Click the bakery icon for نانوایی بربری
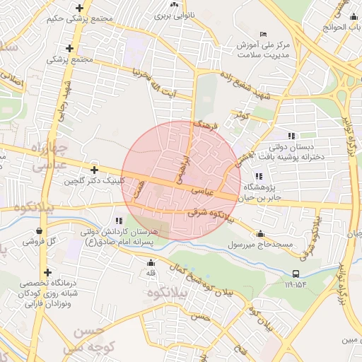click(x=173, y=4)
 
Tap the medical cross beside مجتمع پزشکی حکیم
click(x=78, y=8)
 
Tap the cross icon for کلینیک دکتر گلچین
click(x=94, y=170)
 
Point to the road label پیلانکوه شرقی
click(x=211, y=214)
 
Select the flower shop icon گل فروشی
click(x=37, y=231)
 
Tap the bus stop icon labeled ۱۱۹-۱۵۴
click(x=296, y=274)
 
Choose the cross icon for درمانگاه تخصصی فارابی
click(x=47, y=272)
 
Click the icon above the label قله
click(x=150, y=263)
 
